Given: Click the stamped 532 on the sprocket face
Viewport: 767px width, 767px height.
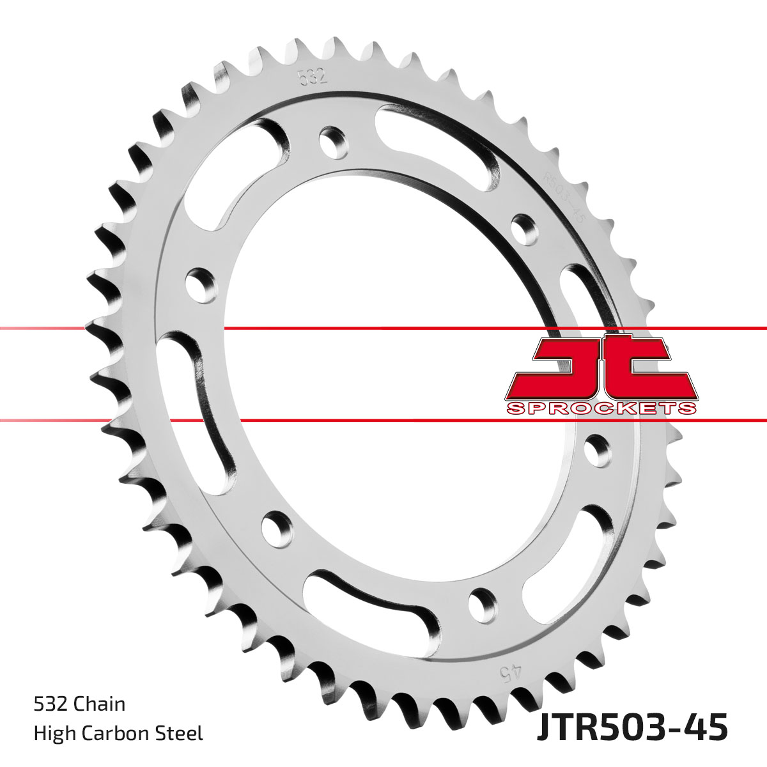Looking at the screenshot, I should click(313, 76).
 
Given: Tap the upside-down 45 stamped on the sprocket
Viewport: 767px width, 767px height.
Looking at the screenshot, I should click(513, 672).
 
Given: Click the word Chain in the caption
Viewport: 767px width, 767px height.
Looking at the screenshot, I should click(100, 704).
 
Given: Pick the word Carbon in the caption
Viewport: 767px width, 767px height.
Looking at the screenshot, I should click(114, 733).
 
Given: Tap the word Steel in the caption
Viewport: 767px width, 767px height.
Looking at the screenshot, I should click(180, 733).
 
